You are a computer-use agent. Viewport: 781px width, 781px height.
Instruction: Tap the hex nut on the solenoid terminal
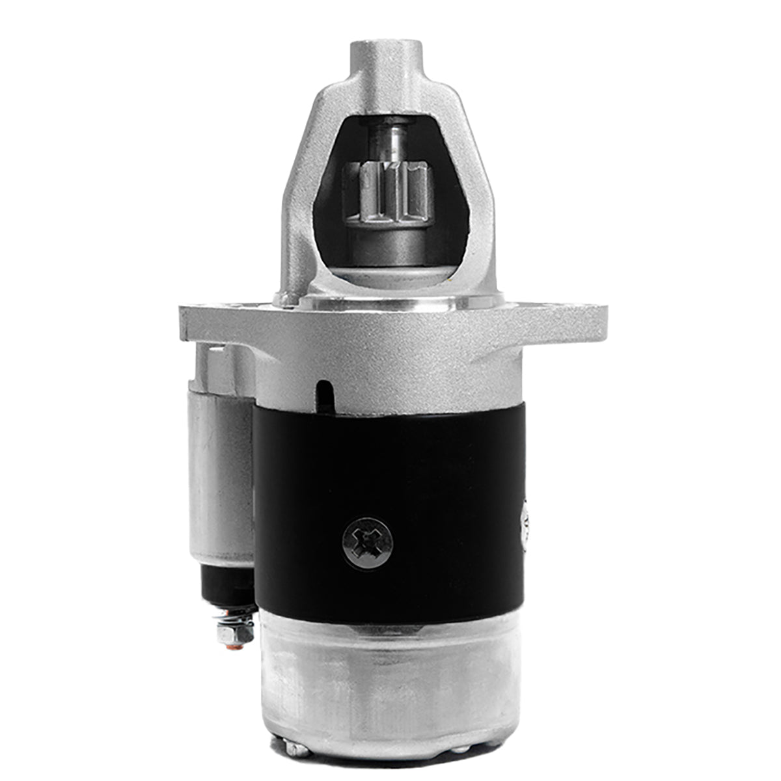(236, 632)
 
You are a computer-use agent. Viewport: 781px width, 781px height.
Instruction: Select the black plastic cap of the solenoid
(228, 582)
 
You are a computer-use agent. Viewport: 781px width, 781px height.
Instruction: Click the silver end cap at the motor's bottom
(390, 690)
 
